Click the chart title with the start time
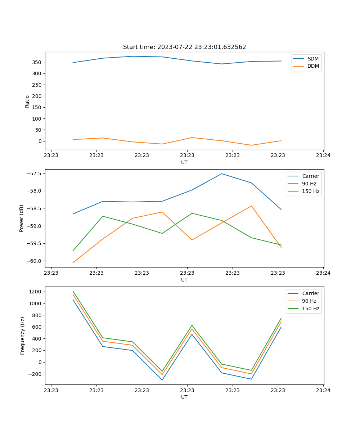click(x=184, y=47)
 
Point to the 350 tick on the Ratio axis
click(x=38, y=62)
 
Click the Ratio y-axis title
click(x=27, y=101)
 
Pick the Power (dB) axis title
click(x=22, y=218)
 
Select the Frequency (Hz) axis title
click(x=23, y=336)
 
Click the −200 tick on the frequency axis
click(x=36, y=374)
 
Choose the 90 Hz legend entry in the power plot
click(x=309, y=184)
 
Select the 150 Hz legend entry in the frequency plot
click(x=311, y=309)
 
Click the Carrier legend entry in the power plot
click(x=310, y=176)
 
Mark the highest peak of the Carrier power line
click(x=222, y=174)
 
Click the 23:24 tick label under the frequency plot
click(x=323, y=390)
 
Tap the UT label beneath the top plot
click(x=184, y=162)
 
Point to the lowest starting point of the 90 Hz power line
click(x=73, y=263)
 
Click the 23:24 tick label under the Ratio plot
click(x=323, y=156)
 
